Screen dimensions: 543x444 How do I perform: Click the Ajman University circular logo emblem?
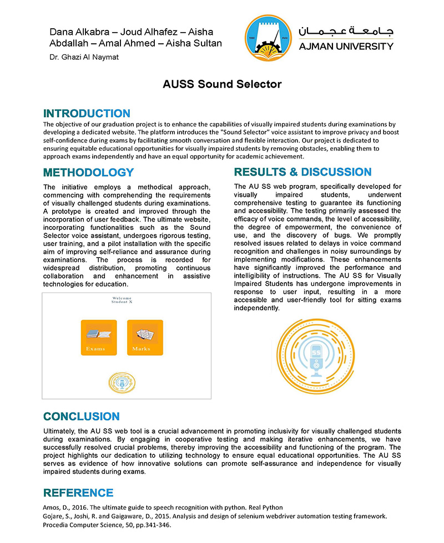pos(268,38)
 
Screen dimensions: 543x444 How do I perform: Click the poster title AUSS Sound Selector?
pos(222,84)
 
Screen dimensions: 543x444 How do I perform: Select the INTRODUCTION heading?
pos(87,114)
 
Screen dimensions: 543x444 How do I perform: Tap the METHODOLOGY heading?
pos(88,172)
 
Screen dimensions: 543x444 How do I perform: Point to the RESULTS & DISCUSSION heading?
pos(302,172)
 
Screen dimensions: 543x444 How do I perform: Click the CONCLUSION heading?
pos(81,417)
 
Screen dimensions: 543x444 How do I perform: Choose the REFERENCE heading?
pos(78,493)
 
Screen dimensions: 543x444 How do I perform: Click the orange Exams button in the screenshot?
pos(99,337)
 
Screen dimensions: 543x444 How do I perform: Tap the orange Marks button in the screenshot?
pos(145,337)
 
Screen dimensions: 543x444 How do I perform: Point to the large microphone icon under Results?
pos(316,358)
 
